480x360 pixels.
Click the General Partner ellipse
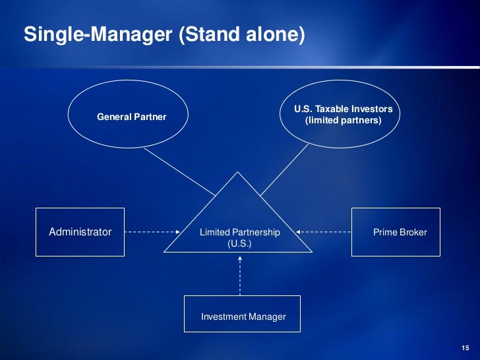click(128, 117)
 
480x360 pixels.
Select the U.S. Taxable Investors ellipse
click(342, 115)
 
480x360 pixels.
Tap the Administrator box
click(80, 232)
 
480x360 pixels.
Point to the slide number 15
click(465, 347)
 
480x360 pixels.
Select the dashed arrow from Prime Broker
click(324, 232)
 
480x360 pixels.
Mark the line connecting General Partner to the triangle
click(179, 171)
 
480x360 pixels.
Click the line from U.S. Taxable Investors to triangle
click(284, 170)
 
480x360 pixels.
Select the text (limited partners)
click(343, 121)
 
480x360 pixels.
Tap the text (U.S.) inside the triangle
click(239, 243)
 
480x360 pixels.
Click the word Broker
click(412, 232)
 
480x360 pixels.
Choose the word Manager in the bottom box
click(267, 316)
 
